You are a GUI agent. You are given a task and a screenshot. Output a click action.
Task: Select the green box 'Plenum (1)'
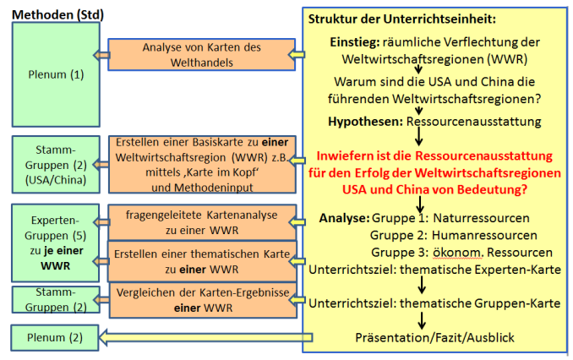53,74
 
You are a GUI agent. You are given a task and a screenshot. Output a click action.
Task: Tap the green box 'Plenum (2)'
53,338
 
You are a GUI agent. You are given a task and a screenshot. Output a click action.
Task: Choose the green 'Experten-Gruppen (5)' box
53,238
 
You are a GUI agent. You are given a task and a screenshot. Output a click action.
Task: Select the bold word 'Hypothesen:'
366,122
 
